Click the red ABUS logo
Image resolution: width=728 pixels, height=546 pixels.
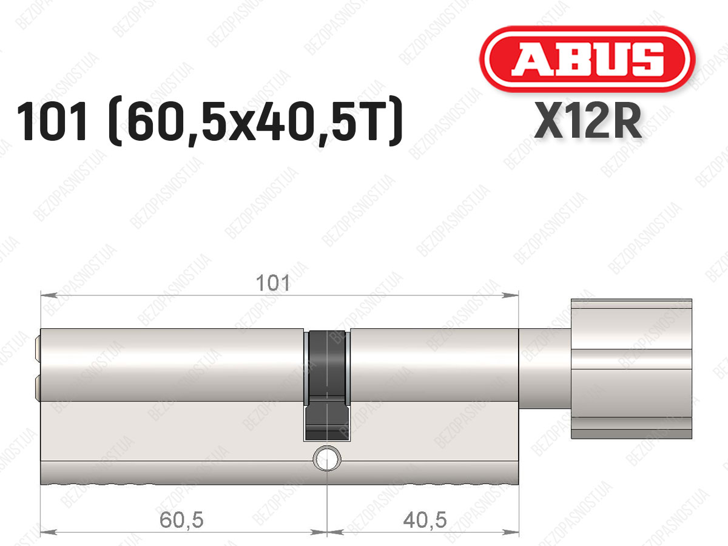click(587, 59)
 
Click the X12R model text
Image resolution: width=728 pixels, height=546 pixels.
click(588, 121)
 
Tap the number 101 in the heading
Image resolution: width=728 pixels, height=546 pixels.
click(52, 121)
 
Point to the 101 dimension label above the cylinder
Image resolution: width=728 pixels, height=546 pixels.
click(272, 283)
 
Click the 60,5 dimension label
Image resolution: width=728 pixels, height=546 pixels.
click(181, 520)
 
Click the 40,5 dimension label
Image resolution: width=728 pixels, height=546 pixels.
click(425, 520)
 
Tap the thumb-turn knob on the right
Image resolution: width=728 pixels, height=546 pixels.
click(632, 369)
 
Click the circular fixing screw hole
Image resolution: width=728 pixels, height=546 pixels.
click(327, 458)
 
